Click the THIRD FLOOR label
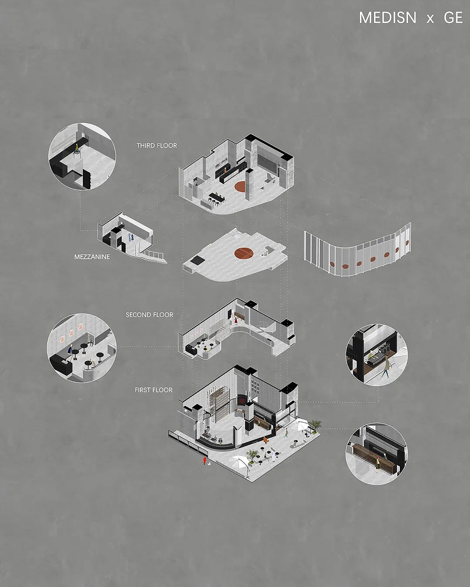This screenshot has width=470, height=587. point(157,145)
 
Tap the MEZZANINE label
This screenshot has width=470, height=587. point(92,257)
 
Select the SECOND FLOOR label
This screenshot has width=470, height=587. point(150,315)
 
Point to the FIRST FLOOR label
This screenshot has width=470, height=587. point(153,390)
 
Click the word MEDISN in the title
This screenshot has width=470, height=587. point(388,18)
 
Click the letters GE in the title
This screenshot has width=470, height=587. point(453,18)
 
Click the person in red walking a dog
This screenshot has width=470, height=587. point(205,460)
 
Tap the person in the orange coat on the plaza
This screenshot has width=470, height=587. point(266,439)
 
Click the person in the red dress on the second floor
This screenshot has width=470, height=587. point(236,320)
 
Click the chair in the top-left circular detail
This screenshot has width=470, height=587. point(77,151)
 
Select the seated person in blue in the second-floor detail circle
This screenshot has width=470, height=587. point(70,351)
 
